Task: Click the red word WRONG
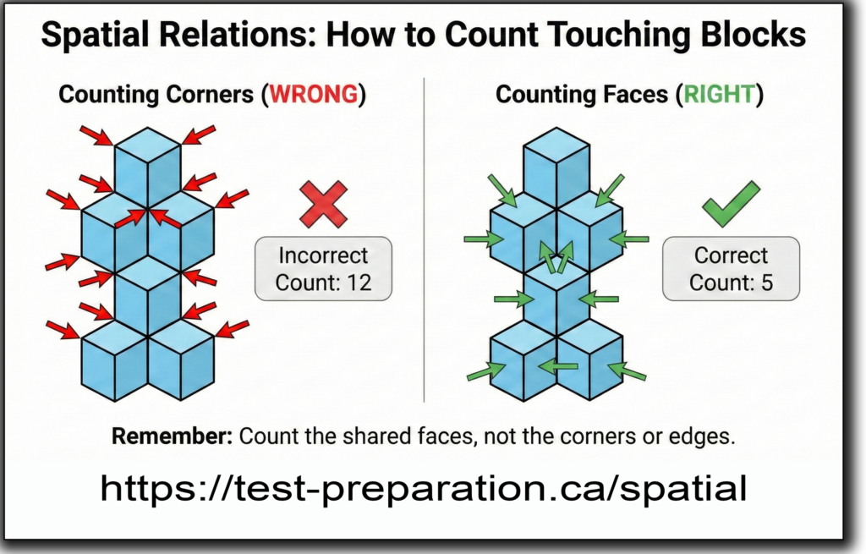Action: tap(314, 95)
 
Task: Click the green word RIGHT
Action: tap(720, 95)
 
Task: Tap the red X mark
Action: tap(324, 205)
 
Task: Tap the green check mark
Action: tap(731, 204)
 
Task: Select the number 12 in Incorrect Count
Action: tap(359, 282)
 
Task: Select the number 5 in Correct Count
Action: tap(766, 282)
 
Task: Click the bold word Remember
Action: tap(173, 436)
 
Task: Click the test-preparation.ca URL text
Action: tap(424, 488)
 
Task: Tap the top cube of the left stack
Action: tap(147, 167)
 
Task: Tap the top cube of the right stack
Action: tap(556, 167)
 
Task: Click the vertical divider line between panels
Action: tap(425, 239)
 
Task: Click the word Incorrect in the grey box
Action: tap(323, 255)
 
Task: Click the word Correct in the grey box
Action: tap(731, 255)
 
